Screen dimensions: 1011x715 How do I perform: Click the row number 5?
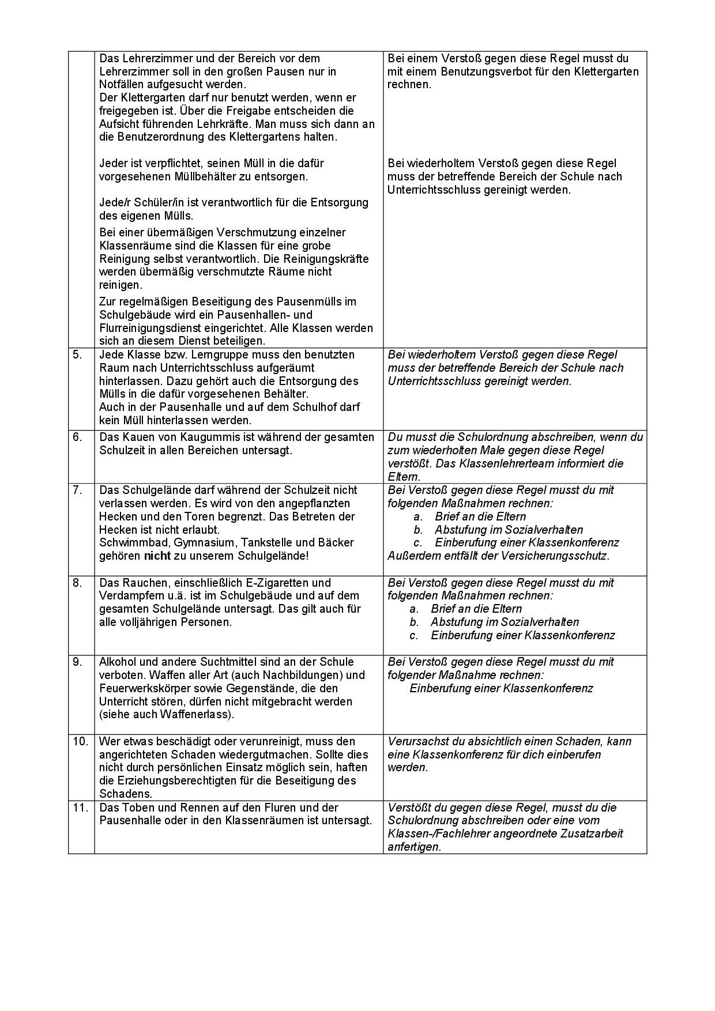[x=77, y=354]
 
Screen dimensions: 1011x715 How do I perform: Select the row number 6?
[x=77, y=437]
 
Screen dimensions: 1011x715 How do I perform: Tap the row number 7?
[x=77, y=490]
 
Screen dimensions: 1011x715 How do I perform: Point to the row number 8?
[x=77, y=583]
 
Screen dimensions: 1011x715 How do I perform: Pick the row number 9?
[x=77, y=662]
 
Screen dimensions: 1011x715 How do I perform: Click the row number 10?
[x=80, y=741]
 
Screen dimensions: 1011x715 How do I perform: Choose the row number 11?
[x=80, y=808]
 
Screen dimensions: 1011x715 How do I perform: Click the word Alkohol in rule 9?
[x=118, y=662]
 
